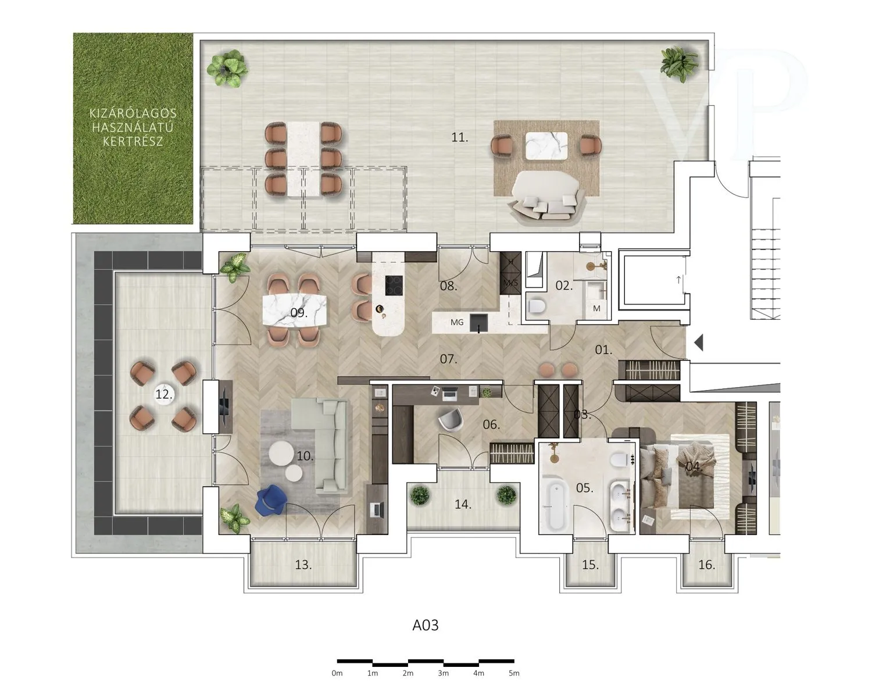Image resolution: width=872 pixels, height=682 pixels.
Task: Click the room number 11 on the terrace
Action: [459, 138]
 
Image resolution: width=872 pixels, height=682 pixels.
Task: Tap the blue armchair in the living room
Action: [271, 500]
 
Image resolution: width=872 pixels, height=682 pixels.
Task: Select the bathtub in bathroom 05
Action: [554, 506]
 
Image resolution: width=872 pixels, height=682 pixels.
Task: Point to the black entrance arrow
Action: [699, 344]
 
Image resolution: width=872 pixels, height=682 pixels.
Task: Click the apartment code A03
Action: [426, 625]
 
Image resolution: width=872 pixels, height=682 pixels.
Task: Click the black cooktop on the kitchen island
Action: [394, 285]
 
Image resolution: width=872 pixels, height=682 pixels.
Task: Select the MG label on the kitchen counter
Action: [457, 322]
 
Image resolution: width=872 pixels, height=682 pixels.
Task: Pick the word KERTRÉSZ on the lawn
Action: [133, 142]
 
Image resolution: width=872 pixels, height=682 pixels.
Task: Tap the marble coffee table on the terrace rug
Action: [546, 145]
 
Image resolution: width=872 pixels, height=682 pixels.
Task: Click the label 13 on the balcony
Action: [303, 565]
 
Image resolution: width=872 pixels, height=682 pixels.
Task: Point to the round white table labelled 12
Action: [164, 394]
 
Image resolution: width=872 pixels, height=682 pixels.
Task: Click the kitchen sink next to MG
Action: [479, 323]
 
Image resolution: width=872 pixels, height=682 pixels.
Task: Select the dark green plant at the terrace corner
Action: [678, 64]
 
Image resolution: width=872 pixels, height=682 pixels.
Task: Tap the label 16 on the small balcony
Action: [707, 565]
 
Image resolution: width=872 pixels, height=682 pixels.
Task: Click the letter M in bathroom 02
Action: [596, 309]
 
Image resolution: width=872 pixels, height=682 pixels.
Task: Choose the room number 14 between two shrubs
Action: [463, 504]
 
